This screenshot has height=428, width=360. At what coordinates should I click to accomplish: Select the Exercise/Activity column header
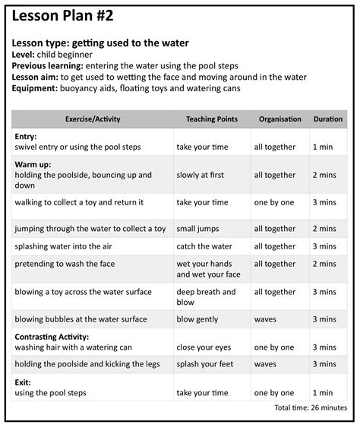[93, 119]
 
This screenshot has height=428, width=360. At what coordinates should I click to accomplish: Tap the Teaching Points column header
[212, 119]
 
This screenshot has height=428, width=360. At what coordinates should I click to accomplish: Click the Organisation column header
[280, 119]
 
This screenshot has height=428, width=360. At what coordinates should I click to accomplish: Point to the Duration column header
[328, 119]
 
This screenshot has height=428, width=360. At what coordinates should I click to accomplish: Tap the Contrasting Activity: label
[51, 336]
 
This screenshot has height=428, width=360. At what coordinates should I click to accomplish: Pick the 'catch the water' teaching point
[204, 246]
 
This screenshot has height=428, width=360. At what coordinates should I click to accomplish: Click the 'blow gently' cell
[199, 319]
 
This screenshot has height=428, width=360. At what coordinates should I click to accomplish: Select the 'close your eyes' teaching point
[204, 347]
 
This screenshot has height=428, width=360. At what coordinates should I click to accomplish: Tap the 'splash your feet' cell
[204, 365]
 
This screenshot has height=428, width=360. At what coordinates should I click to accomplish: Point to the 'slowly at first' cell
[200, 175]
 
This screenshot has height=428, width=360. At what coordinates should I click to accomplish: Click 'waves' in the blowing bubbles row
[265, 319]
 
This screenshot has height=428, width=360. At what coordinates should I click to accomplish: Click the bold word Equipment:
[36, 88]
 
